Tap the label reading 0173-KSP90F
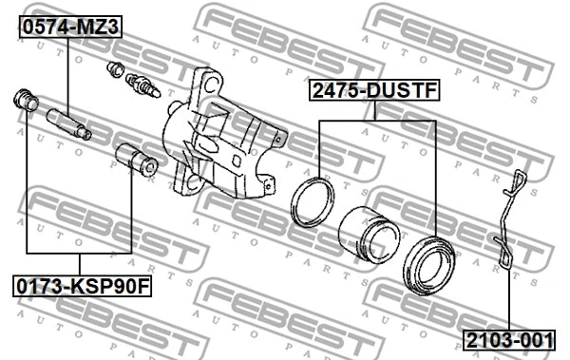coord(82,284)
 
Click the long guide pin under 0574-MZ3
coord(69,124)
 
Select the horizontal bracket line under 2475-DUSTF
coord(377,121)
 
